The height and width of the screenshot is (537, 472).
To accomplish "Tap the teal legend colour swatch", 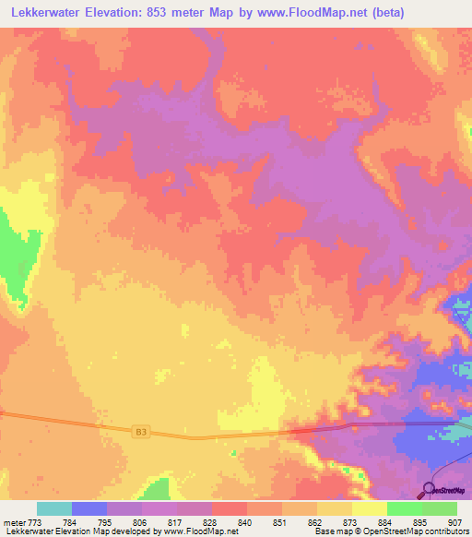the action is [54, 508].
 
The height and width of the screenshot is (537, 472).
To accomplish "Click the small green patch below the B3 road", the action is [158, 488].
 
